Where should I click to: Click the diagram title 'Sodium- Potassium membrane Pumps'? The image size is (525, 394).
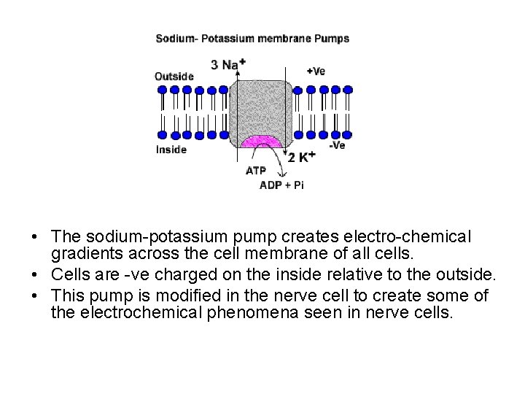(x=252, y=39)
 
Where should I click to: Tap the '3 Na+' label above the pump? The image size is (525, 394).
(x=227, y=64)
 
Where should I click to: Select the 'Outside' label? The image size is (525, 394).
(x=174, y=76)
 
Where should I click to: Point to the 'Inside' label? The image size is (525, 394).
(x=171, y=150)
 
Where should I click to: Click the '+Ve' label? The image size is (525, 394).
(x=316, y=71)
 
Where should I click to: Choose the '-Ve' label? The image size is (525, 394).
(x=337, y=145)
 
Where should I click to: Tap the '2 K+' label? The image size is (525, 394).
(x=301, y=157)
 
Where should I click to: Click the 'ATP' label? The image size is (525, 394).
(x=256, y=171)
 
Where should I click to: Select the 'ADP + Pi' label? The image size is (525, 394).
(x=282, y=185)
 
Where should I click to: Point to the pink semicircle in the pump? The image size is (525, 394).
(x=262, y=141)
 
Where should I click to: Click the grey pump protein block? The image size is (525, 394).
(x=262, y=106)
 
